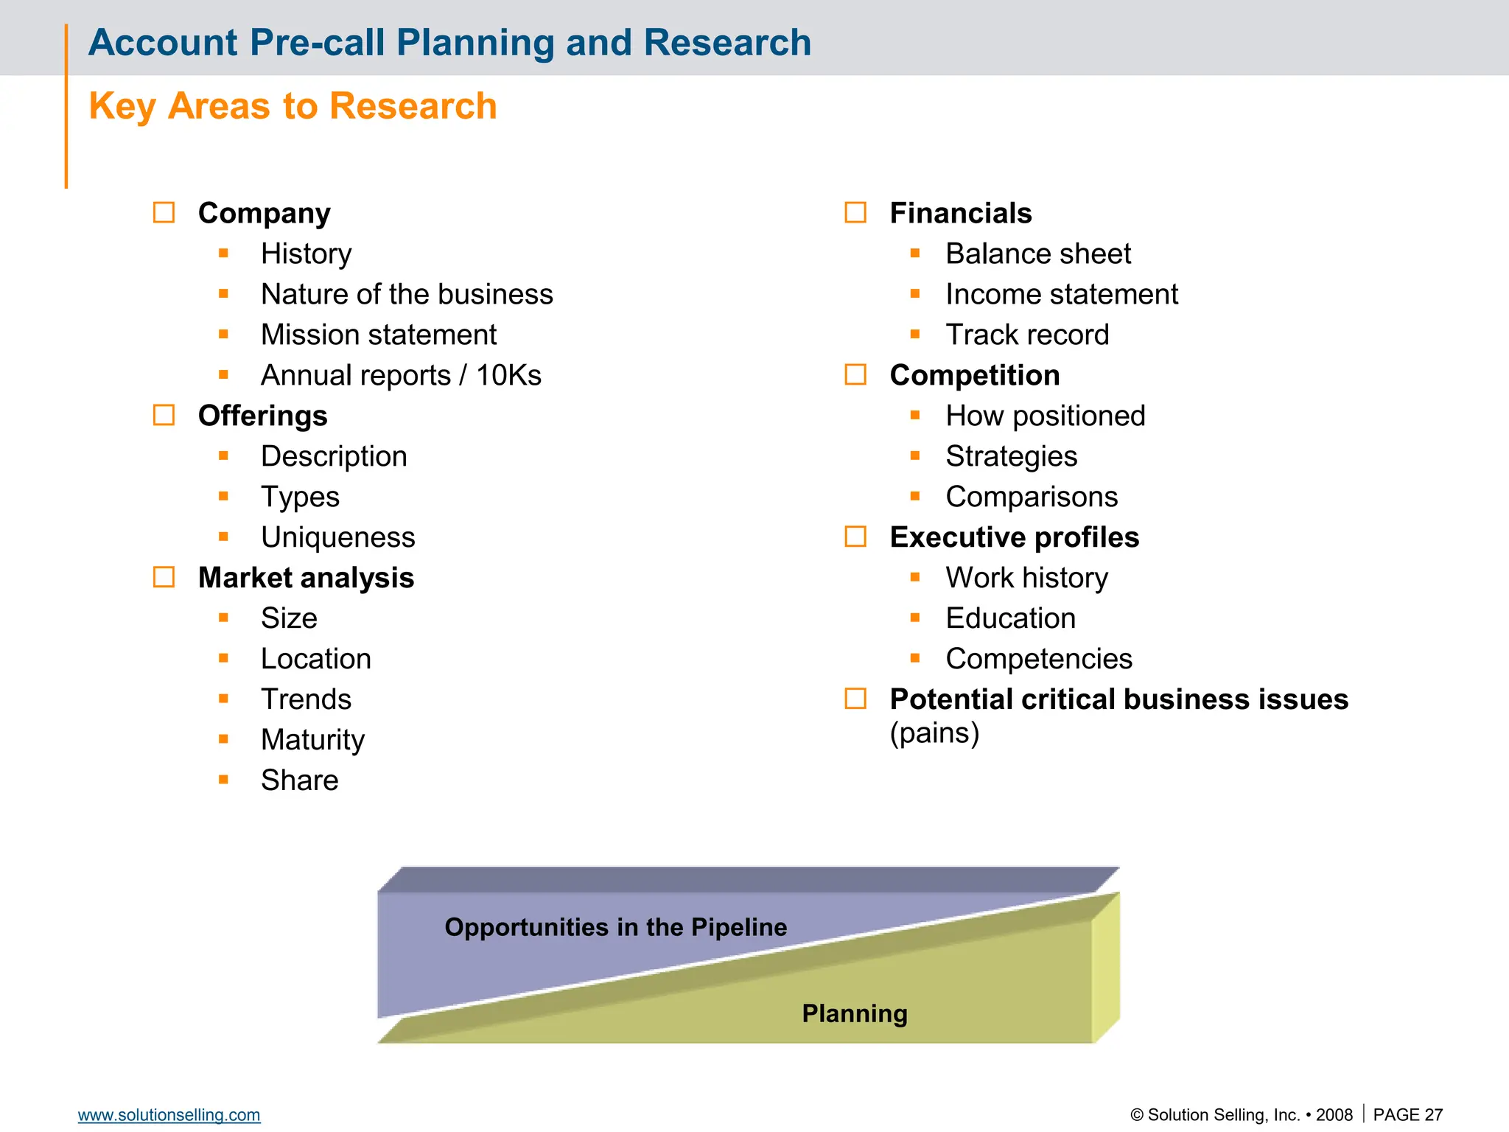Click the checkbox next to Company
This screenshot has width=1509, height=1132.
[164, 213]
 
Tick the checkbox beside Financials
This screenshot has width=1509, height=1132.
[855, 213]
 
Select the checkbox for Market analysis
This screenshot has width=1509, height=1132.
[164, 577]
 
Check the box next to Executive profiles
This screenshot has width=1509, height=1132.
[855, 537]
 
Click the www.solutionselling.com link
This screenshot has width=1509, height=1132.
[169, 1114]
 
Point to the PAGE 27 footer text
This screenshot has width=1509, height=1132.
[1407, 1114]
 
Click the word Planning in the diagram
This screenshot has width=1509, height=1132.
[854, 1013]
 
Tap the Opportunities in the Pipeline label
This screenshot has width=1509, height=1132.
[615, 927]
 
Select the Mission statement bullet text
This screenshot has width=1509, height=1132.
[379, 335]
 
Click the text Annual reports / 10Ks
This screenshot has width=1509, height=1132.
[401, 375]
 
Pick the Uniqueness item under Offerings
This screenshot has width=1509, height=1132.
[337, 537]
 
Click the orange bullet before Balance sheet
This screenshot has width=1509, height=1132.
[915, 254]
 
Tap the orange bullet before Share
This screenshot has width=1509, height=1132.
[223, 779]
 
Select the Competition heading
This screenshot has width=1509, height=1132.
[974, 375]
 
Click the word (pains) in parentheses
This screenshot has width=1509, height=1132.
[934, 733]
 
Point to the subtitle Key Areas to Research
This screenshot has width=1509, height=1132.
[293, 106]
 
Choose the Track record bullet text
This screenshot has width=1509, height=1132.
[1027, 335]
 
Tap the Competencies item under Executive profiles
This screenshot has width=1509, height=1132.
[1038, 659]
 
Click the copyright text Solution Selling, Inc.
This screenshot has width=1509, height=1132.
[1223, 1114]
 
